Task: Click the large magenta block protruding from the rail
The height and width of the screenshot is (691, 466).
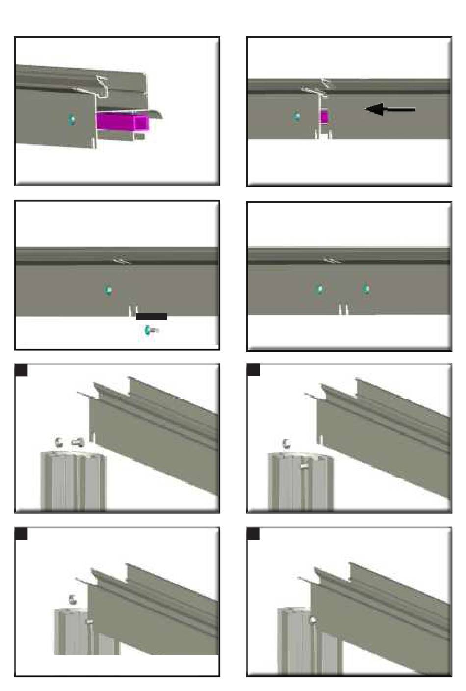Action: [x=122, y=121]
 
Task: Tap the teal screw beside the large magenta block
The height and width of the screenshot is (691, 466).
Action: [x=72, y=119]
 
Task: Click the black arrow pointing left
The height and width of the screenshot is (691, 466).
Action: [x=390, y=109]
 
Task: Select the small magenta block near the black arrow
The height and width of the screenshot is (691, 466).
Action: [x=324, y=117]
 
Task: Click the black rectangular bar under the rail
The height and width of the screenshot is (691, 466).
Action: [x=151, y=317]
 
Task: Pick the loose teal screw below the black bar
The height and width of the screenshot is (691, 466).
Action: [x=149, y=330]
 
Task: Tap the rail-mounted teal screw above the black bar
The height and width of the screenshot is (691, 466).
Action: [x=108, y=290]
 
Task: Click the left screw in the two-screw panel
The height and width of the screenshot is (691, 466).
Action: [x=320, y=289]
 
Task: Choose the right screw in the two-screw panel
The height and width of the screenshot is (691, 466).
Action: [x=366, y=289]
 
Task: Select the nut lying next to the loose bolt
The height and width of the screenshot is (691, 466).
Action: [x=59, y=442]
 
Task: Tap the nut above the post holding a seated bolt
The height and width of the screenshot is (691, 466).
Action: [x=287, y=444]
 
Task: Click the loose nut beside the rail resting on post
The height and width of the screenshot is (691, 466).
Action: [x=73, y=599]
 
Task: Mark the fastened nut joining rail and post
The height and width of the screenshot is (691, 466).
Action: [x=312, y=620]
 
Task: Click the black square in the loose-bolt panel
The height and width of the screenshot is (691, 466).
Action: [x=21, y=370]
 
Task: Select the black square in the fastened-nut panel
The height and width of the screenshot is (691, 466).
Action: [x=253, y=533]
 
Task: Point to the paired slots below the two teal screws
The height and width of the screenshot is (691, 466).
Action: [x=344, y=309]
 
